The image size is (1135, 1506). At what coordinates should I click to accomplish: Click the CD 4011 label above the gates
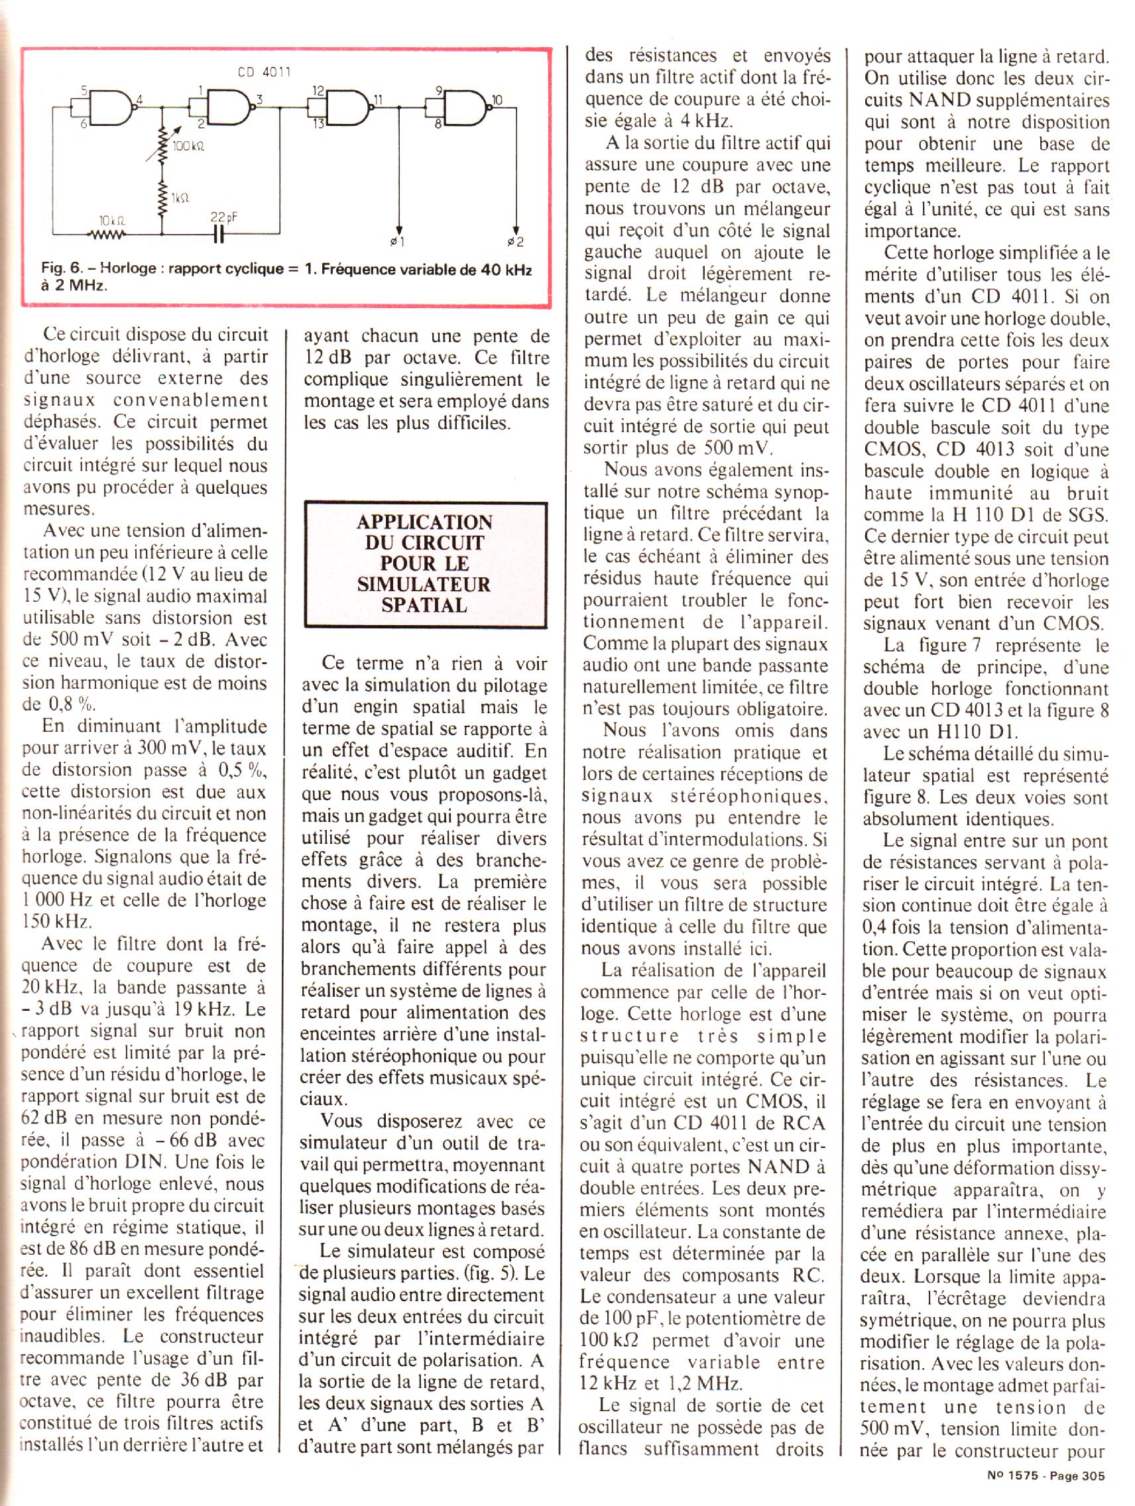(263, 72)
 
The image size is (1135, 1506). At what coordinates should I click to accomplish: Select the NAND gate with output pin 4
(109, 107)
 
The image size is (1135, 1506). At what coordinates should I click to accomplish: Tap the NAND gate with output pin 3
(229, 107)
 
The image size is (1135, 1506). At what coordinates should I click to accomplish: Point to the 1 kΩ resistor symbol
(162, 198)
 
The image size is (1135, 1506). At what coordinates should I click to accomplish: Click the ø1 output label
(398, 242)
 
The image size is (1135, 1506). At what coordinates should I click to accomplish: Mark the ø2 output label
(516, 242)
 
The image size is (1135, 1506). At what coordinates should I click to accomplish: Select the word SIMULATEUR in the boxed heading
(424, 584)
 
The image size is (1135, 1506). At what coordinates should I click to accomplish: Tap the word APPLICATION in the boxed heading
(424, 522)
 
